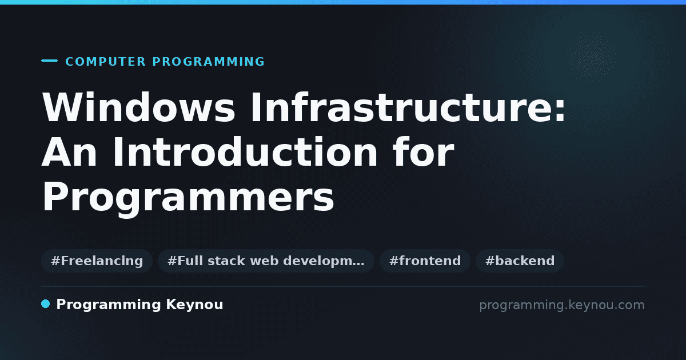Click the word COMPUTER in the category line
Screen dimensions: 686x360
pos(105,62)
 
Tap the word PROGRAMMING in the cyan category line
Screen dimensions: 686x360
pos(209,62)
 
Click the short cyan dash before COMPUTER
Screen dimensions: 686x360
pos(49,61)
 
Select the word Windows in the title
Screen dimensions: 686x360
pos(139,107)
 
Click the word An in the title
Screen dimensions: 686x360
pos(69,152)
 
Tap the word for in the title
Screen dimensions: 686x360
pos(424,151)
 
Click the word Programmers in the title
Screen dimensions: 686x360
pos(188,196)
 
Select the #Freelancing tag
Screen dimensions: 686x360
pos(97,261)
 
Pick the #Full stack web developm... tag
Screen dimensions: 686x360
pos(266,261)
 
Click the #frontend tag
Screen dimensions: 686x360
pos(425,261)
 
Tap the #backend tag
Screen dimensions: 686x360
pos(520,261)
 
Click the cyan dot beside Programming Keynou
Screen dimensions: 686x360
pos(45,304)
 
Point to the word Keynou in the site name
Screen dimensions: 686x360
pos(194,305)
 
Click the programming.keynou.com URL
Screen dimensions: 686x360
pos(562,305)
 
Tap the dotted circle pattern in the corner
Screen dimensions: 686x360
pos(591,57)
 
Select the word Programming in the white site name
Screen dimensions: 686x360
pos(109,305)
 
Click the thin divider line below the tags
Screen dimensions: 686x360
pos(343,286)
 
